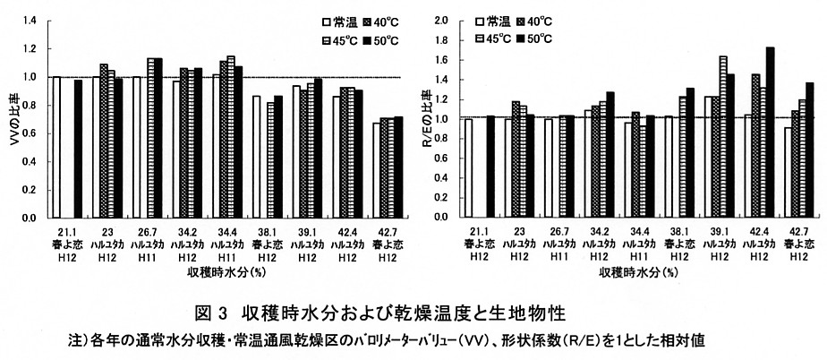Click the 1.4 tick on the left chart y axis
coord(30,20)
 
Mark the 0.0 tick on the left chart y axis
coord(30,218)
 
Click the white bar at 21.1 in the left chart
coord(55,147)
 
